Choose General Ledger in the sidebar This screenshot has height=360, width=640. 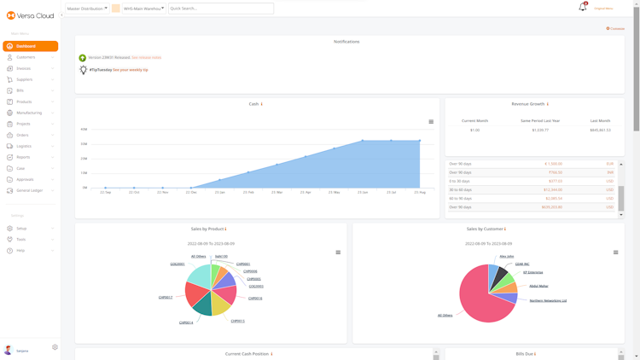pyautogui.click(x=30, y=190)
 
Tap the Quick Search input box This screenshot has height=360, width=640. pyautogui.click(x=220, y=9)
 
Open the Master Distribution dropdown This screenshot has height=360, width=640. pyautogui.click(x=87, y=9)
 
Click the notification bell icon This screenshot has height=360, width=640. pyautogui.click(x=583, y=8)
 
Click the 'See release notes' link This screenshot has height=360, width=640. pyautogui.click(x=146, y=58)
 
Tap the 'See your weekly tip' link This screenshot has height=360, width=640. pyautogui.click(x=131, y=70)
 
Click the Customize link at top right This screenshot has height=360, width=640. pyautogui.click(x=616, y=29)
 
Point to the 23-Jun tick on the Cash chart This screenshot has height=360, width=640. pyautogui.click(x=363, y=193)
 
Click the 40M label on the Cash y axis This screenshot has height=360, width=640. pyautogui.click(x=84, y=130)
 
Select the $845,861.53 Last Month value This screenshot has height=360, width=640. pyautogui.click(x=600, y=131)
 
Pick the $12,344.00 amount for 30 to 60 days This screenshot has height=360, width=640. pyautogui.click(x=553, y=190)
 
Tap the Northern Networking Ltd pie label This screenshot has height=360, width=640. pyautogui.click(x=548, y=301)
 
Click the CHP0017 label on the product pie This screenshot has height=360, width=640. pyautogui.click(x=165, y=298)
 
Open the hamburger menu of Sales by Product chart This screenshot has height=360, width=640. pyautogui.click(x=338, y=253)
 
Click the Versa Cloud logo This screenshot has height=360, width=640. pyautogui.click(x=30, y=15)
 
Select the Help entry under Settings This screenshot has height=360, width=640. pyautogui.click(x=20, y=251)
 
